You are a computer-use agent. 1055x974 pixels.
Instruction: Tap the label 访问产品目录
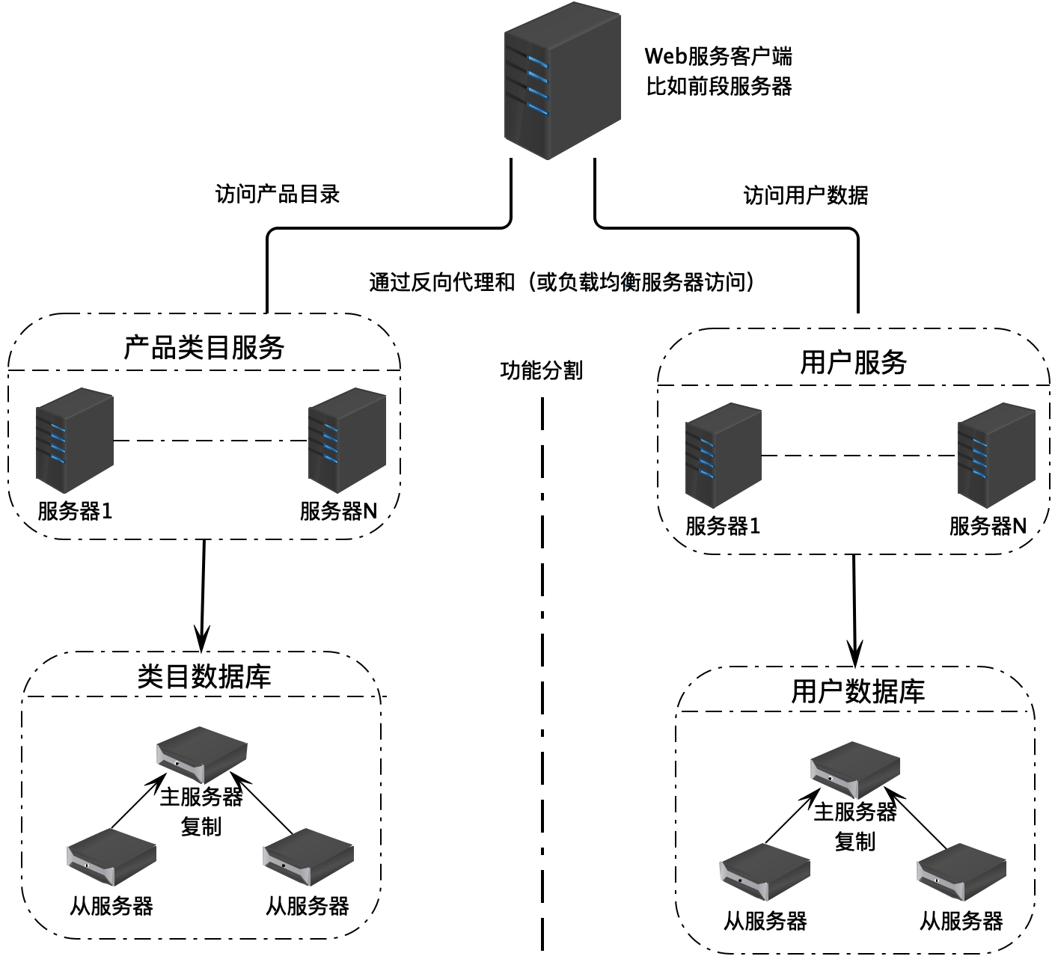[x=278, y=195]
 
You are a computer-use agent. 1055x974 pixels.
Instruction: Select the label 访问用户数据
[x=806, y=196]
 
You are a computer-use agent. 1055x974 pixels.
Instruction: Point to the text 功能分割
[x=541, y=370]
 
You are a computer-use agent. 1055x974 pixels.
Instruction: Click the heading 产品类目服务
[x=204, y=347]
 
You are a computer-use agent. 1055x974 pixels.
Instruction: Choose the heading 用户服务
[x=853, y=363]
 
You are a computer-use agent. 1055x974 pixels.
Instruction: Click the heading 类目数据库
[x=204, y=676]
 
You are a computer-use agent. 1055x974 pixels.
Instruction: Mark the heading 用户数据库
[x=857, y=691]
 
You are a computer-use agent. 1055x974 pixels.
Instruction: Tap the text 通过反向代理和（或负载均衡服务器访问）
[x=562, y=282]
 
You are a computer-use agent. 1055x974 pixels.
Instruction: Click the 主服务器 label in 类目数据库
[x=201, y=797]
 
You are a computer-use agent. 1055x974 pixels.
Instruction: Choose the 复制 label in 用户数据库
[x=854, y=842]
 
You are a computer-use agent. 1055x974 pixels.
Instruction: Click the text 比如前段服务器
[x=718, y=86]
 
